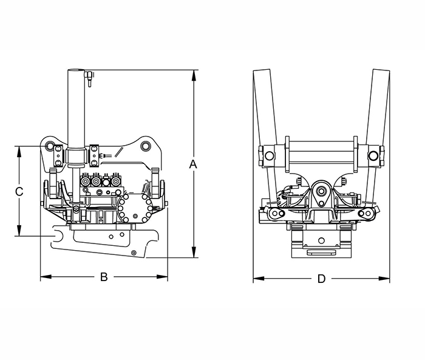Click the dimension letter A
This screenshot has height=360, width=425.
pos(193,164)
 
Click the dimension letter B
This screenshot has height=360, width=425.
pos(104,277)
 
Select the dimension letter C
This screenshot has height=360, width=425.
pos(19,192)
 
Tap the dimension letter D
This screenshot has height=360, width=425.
pos(321,279)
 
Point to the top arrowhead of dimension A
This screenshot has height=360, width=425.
pos(194,75)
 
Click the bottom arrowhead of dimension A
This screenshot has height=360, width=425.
pos(194,252)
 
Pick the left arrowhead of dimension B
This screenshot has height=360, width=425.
pos(46,277)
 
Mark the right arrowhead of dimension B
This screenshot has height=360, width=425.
pos(162,277)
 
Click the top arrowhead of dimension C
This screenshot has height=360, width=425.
pos(19,152)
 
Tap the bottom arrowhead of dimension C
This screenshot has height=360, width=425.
pos(19,231)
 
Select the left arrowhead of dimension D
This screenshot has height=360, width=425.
pos(259,279)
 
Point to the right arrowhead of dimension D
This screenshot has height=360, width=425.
pos(384,279)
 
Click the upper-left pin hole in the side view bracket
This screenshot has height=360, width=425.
pos(49,146)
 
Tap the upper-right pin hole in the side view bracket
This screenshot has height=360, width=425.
pos(145,146)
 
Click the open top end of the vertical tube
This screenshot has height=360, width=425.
pos(76,70)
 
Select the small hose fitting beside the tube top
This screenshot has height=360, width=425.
pos(89,78)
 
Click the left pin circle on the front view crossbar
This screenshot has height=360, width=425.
pos(269,155)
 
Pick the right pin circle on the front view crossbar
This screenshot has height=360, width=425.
pos(373,155)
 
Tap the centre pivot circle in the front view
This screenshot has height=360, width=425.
pos(321,191)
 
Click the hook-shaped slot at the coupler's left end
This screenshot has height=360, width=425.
pos(58,236)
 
